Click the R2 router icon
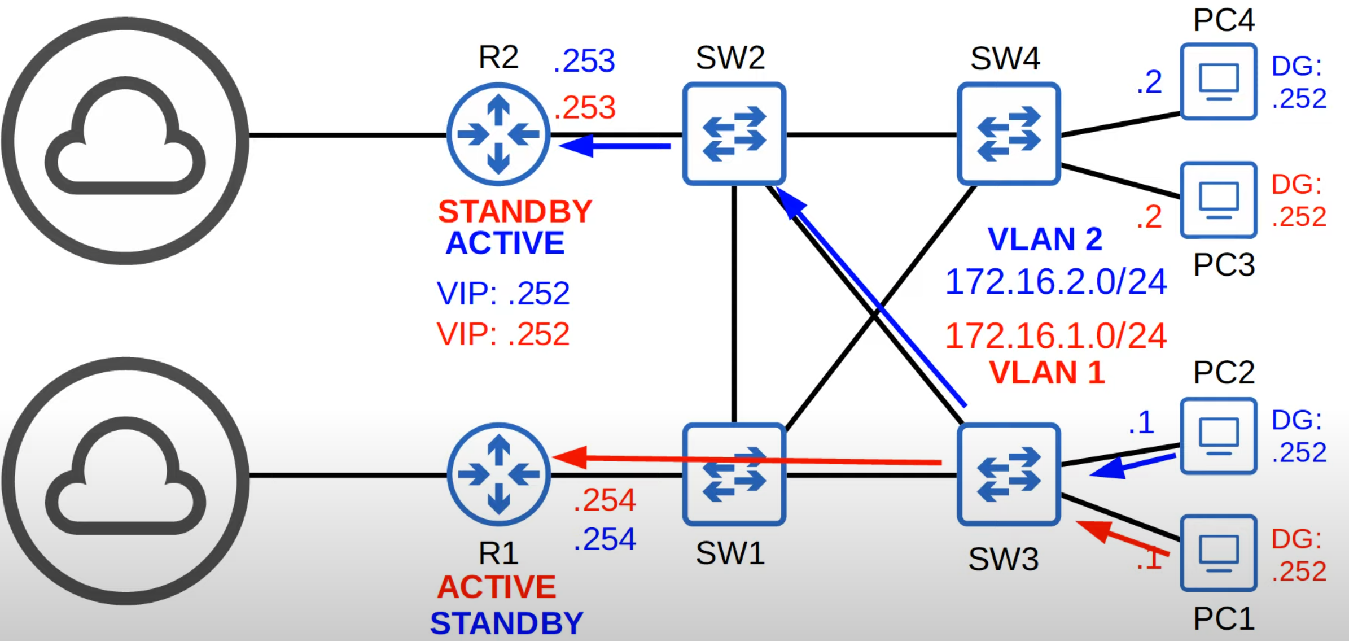pos(498,134)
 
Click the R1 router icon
pos(498,474)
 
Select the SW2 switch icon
pos(734,134)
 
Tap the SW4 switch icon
pos(1009,134)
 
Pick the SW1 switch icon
pos(734,474)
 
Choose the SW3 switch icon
pos(1009,474)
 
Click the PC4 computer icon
pos(1219,82)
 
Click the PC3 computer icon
pos(1219,200)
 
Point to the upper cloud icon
pos(125,140)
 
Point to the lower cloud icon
pos(125,480)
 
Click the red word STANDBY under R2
pos(515,212)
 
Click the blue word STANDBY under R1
pos(506,623)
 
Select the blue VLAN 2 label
pos(1045,239)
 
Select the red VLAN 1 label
pos(1047,373)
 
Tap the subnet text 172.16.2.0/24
pos(1055,281)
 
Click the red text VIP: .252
pos(503,334)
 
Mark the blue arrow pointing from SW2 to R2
pos(615,146)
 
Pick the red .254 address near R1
pos(605,500)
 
